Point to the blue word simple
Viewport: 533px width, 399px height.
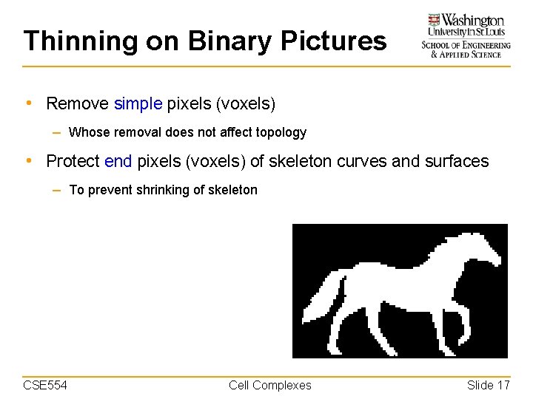click(x=138, y=104)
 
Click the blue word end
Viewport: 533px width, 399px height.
click(x=118, y=161)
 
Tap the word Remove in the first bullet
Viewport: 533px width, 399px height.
click(x=77, y=104)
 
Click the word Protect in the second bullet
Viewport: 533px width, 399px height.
click(x=73, y=161)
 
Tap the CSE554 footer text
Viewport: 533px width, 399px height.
click(x=45, y=385)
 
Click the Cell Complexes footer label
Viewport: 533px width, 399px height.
click(x=270, y=385)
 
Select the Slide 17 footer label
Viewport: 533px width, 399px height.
click(x=489, y=385)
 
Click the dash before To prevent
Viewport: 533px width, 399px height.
click(x=57, y=190)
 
